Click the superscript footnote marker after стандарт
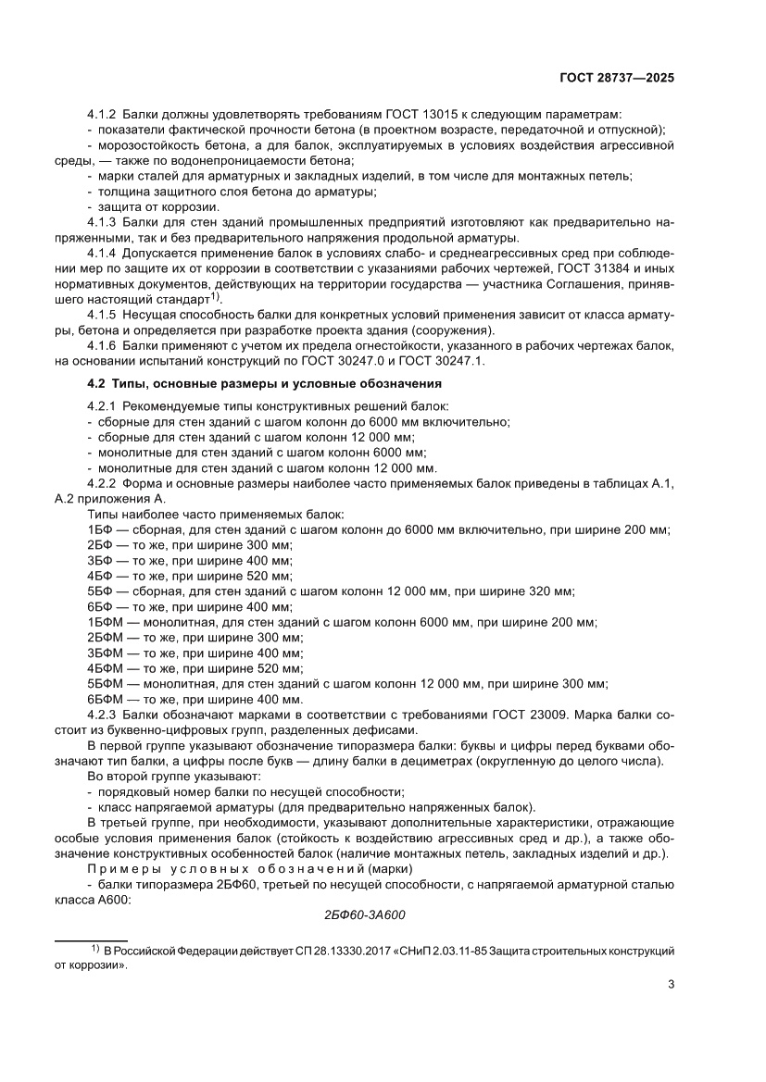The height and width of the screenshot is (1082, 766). click(214, 296)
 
